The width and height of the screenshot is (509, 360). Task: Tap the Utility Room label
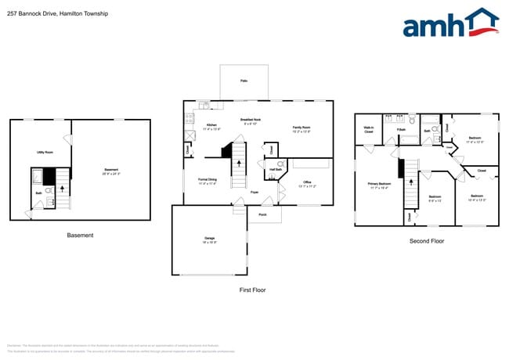tap(45, 152)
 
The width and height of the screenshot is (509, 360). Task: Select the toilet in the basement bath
tap(49, 189)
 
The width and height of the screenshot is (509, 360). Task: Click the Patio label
tap(244, 81)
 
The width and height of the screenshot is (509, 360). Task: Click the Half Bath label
tap(276, 169)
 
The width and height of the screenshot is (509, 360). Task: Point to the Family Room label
tap(301, 128)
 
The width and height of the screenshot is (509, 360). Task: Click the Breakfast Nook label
tap(251, 121)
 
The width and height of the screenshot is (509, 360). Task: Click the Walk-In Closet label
tap(368, 130)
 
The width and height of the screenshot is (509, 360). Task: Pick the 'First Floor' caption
tap(252, 290)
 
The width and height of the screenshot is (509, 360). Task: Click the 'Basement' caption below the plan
tap(80, 235)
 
